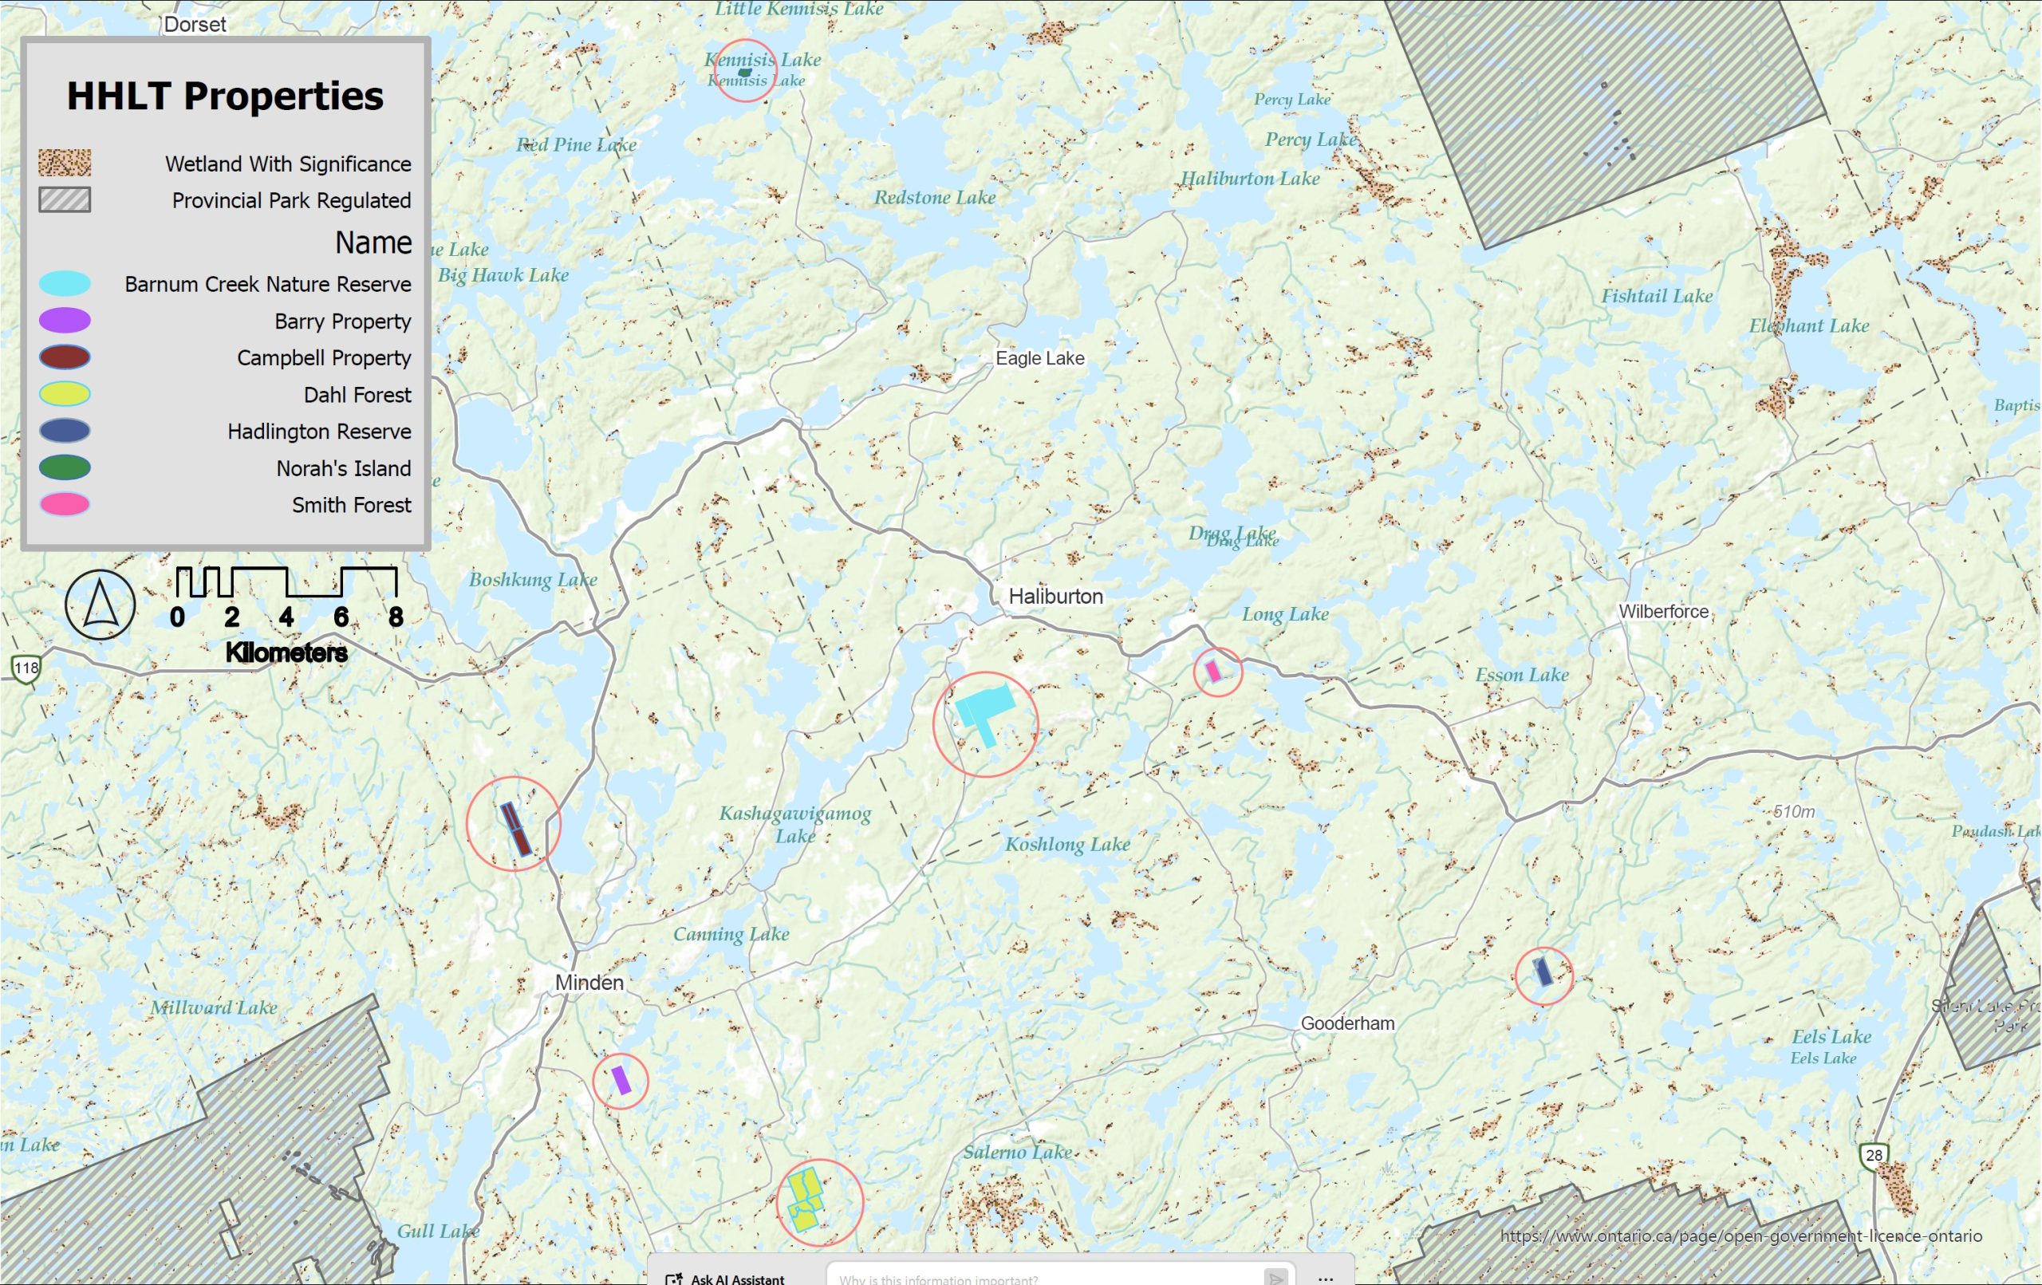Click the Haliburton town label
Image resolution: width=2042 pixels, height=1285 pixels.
[1055, 597]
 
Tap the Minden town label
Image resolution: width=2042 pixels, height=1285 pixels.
[589, 982]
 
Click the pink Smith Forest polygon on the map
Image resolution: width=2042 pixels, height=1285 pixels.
[1213, 671]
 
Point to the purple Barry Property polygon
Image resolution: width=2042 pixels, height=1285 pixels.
[621, 1080]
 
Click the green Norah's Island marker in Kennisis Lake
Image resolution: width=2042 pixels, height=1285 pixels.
[744, 73]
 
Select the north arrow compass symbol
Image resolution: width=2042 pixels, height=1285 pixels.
[100, 605]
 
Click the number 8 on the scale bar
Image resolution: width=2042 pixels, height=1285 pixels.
[395, 617]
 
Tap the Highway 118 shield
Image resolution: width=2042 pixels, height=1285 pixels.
[26, 668]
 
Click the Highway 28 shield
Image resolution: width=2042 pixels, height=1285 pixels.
[1874, 1155]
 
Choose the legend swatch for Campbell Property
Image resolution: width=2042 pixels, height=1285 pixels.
[65, 357]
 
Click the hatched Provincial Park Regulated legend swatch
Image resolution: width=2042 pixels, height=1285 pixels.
[65, 200]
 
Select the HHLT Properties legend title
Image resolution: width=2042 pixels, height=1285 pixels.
[225, 96]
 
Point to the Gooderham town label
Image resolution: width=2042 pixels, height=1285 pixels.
[1346, 1023]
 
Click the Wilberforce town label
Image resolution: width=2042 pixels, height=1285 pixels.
[1663, 612]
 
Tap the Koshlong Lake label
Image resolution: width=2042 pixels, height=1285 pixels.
[1066, 844]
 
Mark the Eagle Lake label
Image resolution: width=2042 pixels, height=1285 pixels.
[1039, 358]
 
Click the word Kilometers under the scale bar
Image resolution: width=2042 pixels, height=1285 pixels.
[286, 652]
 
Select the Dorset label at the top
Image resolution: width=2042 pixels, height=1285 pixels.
[195, 24]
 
